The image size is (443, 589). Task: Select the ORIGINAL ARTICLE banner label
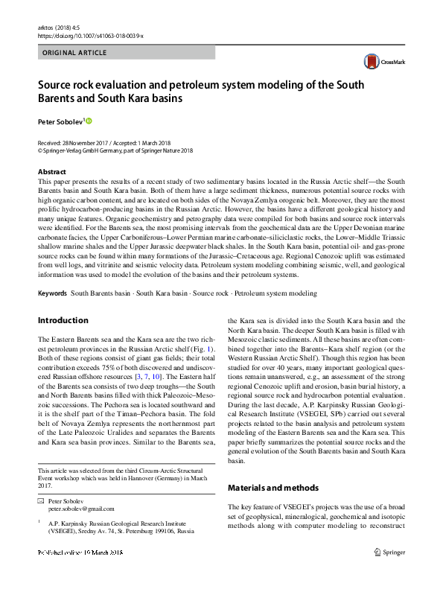click(x=75, y=53)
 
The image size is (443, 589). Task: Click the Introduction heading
click(x=63, y=320)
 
